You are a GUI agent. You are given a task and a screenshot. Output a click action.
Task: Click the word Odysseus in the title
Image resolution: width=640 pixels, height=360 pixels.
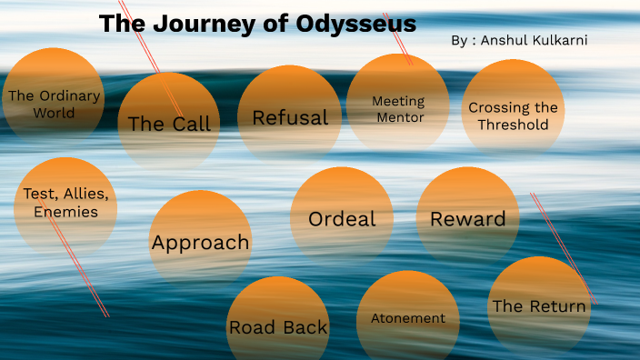[x=356, y=24]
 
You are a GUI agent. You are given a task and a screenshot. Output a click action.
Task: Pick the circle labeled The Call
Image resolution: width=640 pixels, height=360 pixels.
[x=169, y=122]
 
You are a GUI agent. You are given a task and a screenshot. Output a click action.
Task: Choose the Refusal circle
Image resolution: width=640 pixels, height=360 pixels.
[x=289, y=116]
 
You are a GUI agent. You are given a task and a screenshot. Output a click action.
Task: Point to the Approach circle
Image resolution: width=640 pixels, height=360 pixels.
[x=200, y=242]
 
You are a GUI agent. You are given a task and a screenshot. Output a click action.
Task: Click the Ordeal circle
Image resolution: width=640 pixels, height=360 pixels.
[x=342, y=219]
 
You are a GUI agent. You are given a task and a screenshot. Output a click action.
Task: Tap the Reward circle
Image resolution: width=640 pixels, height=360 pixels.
[x=467, y=219]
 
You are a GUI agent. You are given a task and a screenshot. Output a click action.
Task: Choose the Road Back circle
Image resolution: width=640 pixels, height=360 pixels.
[x=278, y=325]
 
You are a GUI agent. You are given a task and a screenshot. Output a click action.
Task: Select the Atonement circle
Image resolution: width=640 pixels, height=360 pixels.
[x=407, y=318]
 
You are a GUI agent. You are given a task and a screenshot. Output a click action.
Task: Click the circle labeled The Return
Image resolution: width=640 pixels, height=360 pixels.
[x=538, y=305]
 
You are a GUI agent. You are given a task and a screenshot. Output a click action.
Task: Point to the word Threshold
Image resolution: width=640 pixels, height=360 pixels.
[x=514, y=125]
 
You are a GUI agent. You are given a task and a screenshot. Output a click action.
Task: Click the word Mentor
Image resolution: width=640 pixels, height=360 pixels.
[x=398, y=116]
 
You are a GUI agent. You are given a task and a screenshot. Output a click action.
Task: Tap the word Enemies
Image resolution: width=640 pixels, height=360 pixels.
[x=65, y=212]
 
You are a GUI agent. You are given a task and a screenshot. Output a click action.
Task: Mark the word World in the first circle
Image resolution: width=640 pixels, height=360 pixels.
[x=54, y=114]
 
